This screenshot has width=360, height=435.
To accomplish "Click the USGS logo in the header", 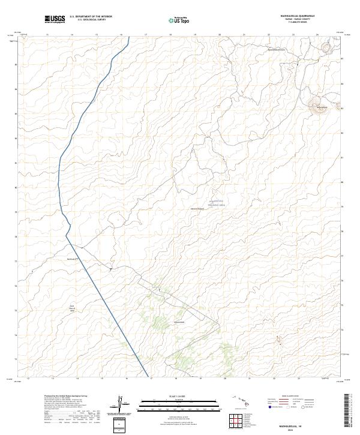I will tap(55, 20).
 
